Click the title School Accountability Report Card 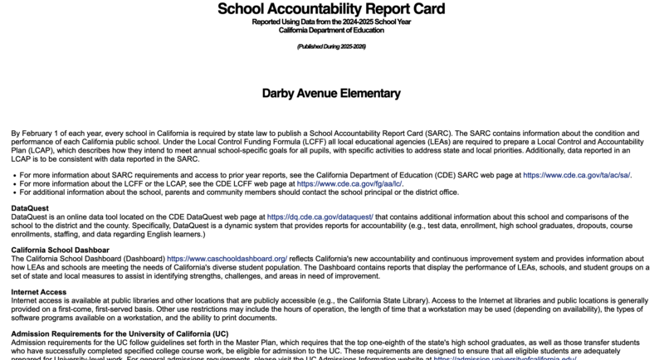pyautogui.click(x=331, y=9)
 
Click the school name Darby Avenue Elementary pyautogui.click(x=331, y=93)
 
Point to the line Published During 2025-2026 pyautogui.click(x=331, y=46)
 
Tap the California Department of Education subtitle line pyautogui.click(x=331, y=30)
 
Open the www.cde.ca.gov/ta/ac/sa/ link pyautogui.click(x=576, y=176)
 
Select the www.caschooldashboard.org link pyautogui.click(x=227, y=259)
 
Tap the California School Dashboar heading pyautogui.click(x=60, y=250)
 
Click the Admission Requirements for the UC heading pyautogui.click(x=120, y=333)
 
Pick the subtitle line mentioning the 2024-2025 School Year pyautogui.click(x=331, y=22)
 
